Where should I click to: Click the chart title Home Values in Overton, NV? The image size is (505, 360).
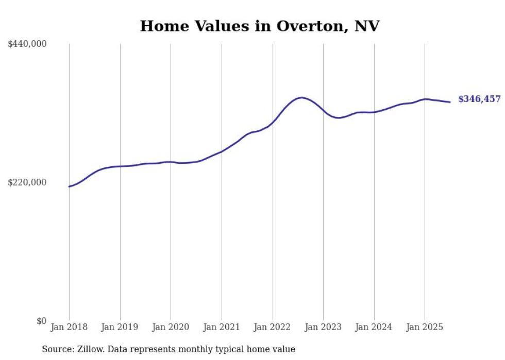pos(259,26)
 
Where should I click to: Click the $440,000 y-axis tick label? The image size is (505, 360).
pos(27,44)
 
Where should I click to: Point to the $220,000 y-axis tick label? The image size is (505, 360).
pos(27,182)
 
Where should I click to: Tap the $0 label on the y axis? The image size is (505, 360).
pos(41,321)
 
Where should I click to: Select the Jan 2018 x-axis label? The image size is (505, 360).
pos(69,327)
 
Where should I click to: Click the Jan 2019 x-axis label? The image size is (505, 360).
pos(120,327)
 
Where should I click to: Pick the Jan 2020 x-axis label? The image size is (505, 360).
pos(171,327)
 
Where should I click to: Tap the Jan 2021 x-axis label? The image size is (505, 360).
pos(222,327)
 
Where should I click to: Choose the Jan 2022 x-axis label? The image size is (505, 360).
pos(272,327)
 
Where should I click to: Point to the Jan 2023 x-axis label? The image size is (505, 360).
pos(323,327)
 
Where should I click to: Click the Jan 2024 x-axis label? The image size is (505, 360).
pos(374,327)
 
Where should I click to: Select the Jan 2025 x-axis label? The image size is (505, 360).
pos(425,327)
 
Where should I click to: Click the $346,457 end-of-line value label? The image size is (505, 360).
pos(479,99)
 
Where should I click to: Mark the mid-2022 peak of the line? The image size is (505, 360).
pos(301,97)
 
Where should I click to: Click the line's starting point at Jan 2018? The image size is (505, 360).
pos(69,186)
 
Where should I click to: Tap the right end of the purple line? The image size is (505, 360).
pos(450,102)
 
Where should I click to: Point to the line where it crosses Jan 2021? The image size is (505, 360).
pos(222,151)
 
